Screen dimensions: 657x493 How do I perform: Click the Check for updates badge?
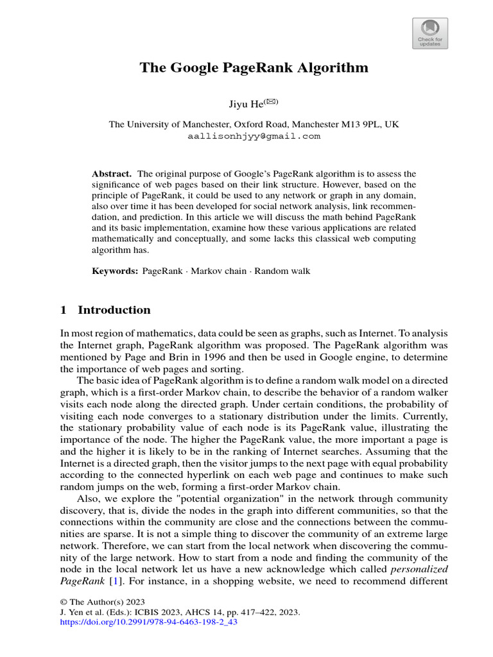(x=429, y=33)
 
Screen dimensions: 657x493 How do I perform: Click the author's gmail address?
(x=254, y=136)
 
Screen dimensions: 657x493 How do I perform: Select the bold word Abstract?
(x=112, y=174)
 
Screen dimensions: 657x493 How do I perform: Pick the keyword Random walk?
(x=282, y=271)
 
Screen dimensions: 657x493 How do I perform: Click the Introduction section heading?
(x=114, y=311)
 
